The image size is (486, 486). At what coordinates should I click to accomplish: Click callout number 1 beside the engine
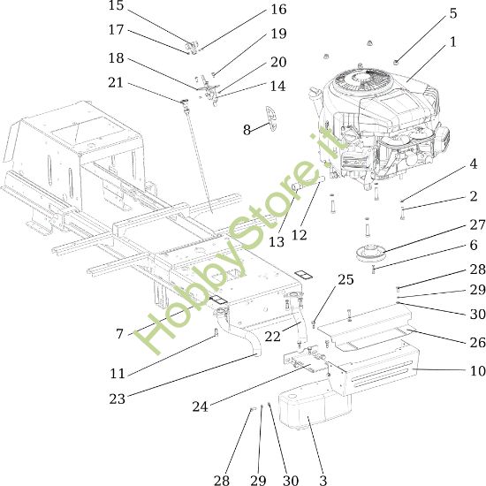tap(453, 42)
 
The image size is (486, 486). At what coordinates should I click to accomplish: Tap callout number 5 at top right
tap(453, 13)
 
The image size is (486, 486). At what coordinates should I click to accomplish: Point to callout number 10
tap(477, 371)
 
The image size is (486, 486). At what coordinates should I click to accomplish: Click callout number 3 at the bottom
tap(323, 480)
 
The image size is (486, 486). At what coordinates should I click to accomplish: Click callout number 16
tap(278, 10)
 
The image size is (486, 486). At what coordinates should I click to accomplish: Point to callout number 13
tap(277, 241)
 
